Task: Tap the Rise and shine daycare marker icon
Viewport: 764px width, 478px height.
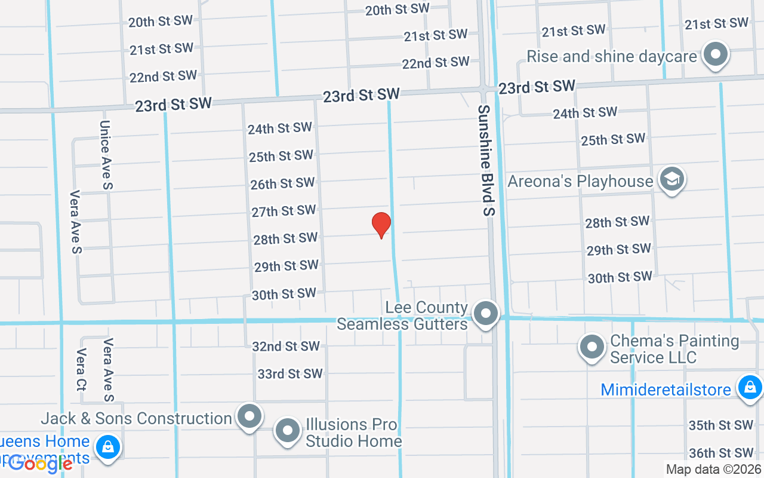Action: (715, 55)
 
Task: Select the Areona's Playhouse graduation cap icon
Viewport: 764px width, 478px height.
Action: (671, 179)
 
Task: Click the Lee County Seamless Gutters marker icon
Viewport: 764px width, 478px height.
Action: (486, 313)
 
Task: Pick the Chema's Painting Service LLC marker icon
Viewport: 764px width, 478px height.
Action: (592, 347)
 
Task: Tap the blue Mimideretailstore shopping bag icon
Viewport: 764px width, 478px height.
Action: (748, 387)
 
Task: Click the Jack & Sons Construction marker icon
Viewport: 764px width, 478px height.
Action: (249, 416)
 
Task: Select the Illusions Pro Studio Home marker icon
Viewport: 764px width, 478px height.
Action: (288, 430)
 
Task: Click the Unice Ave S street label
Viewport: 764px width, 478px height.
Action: (106, 155)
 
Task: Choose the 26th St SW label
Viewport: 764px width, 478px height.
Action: (282, 183)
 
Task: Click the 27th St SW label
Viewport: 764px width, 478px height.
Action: (284, 211)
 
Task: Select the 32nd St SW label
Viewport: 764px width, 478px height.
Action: (286, 347)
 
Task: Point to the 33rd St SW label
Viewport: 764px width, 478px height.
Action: (290, 374)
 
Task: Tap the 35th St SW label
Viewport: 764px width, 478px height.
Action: (721, 425)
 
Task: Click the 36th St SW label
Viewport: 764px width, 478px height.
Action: (721, 453)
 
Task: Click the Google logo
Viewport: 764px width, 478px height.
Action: (41, 464)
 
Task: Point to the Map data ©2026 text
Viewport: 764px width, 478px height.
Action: (713, 470)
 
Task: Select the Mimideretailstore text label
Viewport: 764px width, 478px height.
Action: (666, 390)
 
